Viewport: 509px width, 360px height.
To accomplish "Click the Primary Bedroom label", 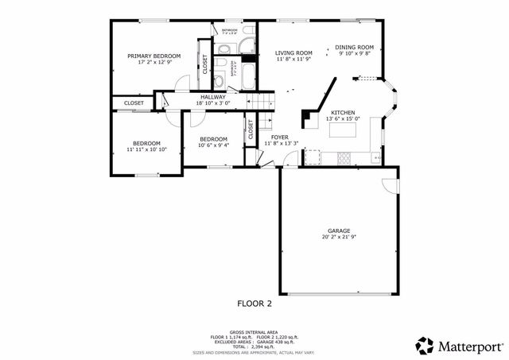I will (x=154, y=56).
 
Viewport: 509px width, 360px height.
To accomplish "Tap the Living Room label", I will (x=293, y=52).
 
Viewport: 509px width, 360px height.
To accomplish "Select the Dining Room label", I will (x=354, y=47).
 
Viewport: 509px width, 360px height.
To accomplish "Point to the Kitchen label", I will (x=343, y=113).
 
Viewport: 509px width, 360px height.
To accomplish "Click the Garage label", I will (x=339, y=230).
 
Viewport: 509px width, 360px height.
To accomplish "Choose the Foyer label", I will (x=279, y=137).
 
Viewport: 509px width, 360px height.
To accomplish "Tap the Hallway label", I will (x=212, y=97).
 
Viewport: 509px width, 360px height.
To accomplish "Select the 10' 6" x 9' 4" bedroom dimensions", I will (x=213, y=145).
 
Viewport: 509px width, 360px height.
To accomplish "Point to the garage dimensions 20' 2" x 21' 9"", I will (x=339, y=237).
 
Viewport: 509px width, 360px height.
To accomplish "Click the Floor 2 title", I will (x=254, y=303).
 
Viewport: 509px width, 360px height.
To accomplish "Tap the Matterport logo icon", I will (x=425, y=346).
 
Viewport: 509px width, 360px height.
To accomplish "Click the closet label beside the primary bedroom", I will (x=205, y=63).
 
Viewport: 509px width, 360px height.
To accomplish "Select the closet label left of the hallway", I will (x=134, y=103).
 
